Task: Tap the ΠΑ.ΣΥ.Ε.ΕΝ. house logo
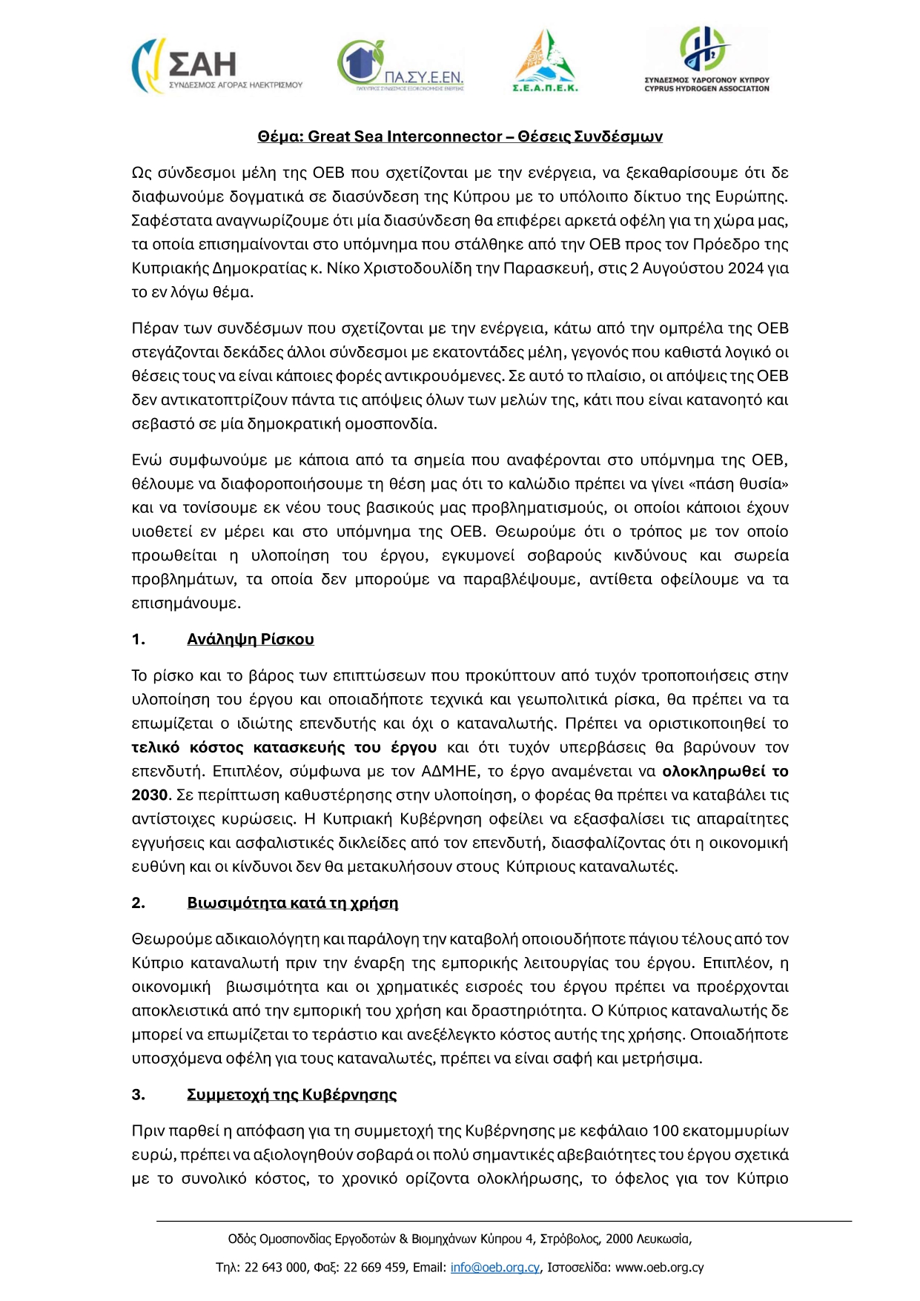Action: pos(400,65)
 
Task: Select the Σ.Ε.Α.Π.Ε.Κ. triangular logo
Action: pos(545,61)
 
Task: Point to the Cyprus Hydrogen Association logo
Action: pos(706,59)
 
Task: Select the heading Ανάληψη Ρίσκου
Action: pos(251,640)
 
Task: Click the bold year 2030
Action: pos(150,795)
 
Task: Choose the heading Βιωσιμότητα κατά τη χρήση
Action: pos(292,903)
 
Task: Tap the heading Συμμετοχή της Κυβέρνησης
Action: pos(291,1095)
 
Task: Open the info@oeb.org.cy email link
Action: pos(495,1268)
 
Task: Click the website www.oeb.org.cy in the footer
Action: pos(659,1268)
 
